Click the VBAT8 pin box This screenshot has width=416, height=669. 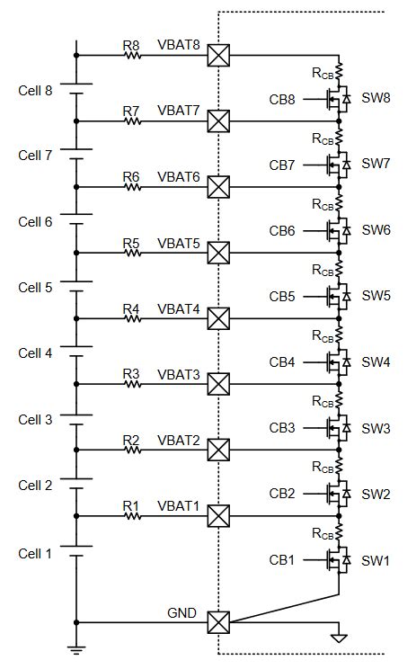pyautogui.click(x=218, y=55)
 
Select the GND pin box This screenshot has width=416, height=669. pyautogui.click(x=218, y=622)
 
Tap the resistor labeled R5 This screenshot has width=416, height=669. pyautogui.click(x=132, y=253)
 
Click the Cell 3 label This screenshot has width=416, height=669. pyautogui.click(x=36, y=419)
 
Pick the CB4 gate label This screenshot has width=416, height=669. pyautogui.click(x=281, y=362)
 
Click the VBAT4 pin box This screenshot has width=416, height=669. pyautogui.click(x=218, y=318)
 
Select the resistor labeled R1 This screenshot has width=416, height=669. pyautogui.click(x=132, y=516)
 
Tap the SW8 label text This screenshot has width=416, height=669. pyautogui.click(x=376, y=98)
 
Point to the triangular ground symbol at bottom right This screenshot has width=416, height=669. pyautogui.click(x=338, y=638)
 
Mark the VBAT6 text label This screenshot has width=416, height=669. pyautogui.click(x=179, y=177)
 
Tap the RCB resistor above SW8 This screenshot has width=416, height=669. pyautogui.click(x=339, y=69)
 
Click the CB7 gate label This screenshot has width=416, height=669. pyautogui.click(x=281, y=165)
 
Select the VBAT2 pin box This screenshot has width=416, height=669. pyautogui.click(x=218, y=450)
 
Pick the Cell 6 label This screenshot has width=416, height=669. pyautogui.click(x=36, y=221)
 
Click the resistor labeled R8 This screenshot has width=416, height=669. pyautogui.click(x=132, y=55)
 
